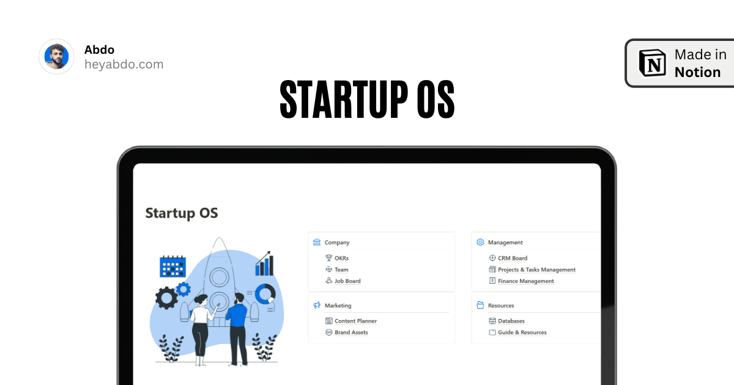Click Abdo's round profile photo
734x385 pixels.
57,57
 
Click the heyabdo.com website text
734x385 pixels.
124,64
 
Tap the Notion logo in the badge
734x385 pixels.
652,63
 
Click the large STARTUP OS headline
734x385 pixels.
367,100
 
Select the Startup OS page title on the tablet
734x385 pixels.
182,213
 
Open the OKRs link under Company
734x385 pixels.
341,258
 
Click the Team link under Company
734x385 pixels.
341,269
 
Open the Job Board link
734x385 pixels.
347,281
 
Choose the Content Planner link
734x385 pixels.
355,321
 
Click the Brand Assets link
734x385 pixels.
351,332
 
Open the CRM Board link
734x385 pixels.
512,258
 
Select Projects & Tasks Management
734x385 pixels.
536,269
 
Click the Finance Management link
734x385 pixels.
525,281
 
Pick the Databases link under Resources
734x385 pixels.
511,321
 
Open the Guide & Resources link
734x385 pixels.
522,332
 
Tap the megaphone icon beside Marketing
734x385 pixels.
317,305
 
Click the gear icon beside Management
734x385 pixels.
480,242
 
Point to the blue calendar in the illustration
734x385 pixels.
172,267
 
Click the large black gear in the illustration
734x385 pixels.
166,298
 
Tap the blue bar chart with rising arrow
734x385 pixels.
264,264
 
